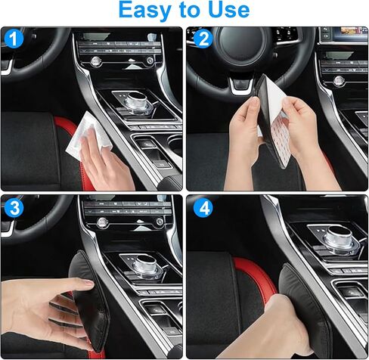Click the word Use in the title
pyautogui.click(x=225, y=11)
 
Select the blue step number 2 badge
pyautogui.click(x=202, y=39)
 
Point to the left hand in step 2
pyautogui.click(x=240, y=140)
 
